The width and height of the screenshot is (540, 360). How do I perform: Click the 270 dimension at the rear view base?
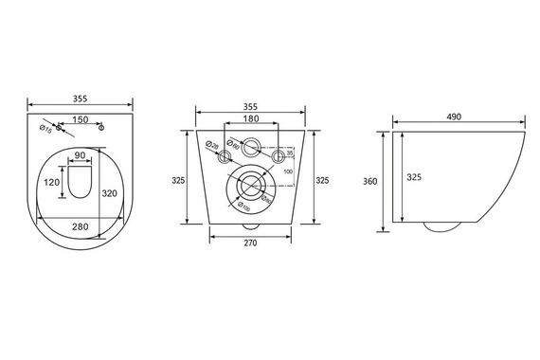[x=250, y=243]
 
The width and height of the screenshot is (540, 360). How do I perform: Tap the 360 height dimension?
[x=369, y=182]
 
